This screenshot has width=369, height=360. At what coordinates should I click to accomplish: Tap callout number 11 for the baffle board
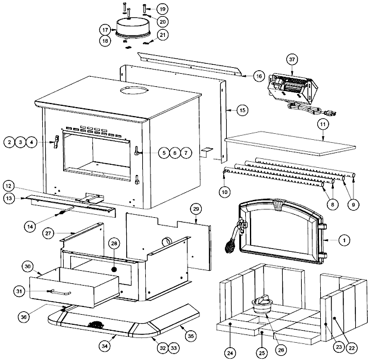[x=323, y=124]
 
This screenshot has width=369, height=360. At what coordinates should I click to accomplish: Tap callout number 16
[x=258, y=76]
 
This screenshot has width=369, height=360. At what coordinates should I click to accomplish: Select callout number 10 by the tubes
[x=224, y=192]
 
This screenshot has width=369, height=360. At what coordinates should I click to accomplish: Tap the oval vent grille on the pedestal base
[x=95, y=325]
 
